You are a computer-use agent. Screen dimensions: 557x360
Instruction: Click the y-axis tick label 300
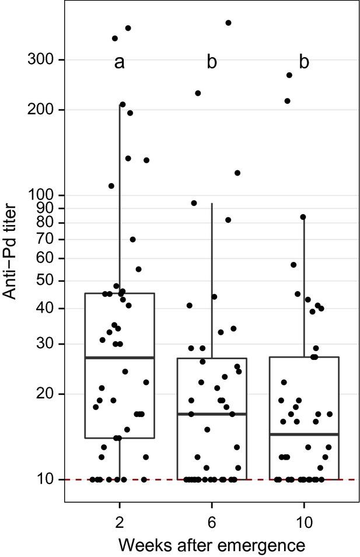tap(39, 59)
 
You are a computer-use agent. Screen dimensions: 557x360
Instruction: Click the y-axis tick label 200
tap(39, 110)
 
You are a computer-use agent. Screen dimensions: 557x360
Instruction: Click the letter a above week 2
tap(119, 62)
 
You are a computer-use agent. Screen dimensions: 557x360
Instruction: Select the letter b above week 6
tap(211, 62)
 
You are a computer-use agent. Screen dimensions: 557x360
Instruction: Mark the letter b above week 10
tap(304, 62)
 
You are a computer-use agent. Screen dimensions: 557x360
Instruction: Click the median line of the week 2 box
tap(120, 358)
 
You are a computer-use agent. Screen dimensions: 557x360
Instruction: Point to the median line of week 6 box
tap(212, 414)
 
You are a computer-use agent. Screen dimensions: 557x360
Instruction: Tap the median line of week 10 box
tap(304, 434)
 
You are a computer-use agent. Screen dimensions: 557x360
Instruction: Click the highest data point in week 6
tap(228, 23)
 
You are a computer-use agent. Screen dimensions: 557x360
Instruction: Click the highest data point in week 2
tap(128, 28)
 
